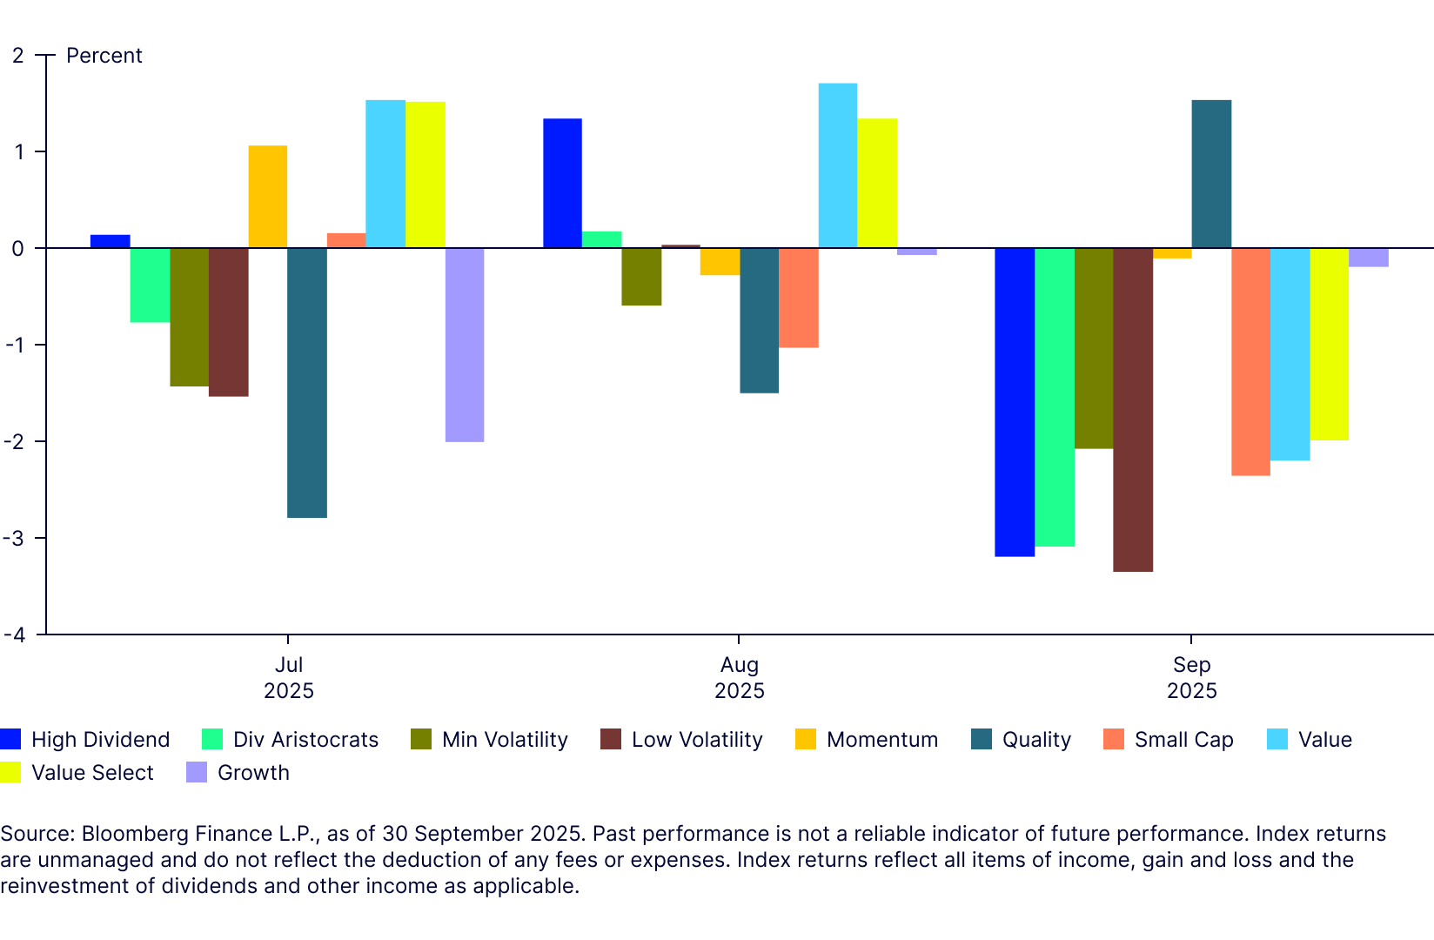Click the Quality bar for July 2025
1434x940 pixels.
tap(307, 383)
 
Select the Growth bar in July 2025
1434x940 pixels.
tap(465, 345)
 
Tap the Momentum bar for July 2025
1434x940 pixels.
tap(268, 197)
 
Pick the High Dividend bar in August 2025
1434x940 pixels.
tap(562, 183)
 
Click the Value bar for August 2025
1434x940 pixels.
tap(838, 165)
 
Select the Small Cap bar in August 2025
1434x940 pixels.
tap(799, 298)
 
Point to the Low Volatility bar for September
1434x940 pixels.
tap(1133, 409)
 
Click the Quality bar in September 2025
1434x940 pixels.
tap(1211, 174)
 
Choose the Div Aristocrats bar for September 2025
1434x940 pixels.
tap(1055, 397)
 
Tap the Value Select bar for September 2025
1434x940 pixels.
tap(1330, 344)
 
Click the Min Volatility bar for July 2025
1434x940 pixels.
tap(190, 317)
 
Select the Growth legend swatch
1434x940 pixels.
tap(197, 773)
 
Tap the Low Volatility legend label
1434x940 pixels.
tap(697, 740)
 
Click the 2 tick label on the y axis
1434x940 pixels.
tap(17, 56)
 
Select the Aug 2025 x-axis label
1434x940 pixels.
tap(740, 677)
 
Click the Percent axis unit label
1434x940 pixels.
tap(104, 56)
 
